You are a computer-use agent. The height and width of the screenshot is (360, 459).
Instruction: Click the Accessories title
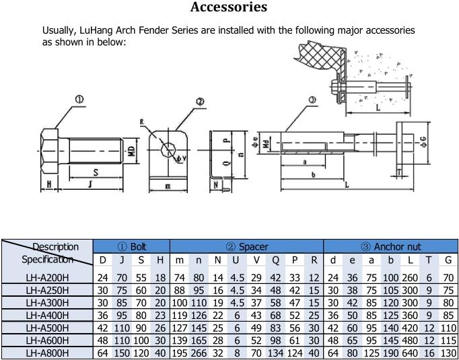229,8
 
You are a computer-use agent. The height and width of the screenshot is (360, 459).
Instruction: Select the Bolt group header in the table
131,247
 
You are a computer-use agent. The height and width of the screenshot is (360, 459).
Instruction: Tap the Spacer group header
247,247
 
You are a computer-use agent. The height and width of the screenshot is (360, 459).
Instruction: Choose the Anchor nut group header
390,247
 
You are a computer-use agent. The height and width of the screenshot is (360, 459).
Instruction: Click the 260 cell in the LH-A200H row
410,278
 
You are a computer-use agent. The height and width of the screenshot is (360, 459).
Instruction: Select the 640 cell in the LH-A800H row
410,353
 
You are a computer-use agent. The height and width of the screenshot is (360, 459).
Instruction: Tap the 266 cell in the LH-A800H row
199,353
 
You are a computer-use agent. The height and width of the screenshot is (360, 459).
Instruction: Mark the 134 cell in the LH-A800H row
275,353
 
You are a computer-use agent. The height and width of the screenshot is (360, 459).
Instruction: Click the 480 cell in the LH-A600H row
410,340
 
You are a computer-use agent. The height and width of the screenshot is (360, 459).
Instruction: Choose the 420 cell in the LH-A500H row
410,328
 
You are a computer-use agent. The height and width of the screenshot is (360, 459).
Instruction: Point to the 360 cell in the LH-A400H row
410,316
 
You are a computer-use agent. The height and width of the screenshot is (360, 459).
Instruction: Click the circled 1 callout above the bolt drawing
79,100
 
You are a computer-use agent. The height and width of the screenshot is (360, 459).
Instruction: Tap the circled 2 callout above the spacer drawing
200,102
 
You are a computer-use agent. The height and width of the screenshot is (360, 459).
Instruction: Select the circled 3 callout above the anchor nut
312,100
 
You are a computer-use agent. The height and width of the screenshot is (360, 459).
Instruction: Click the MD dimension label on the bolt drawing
132,149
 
